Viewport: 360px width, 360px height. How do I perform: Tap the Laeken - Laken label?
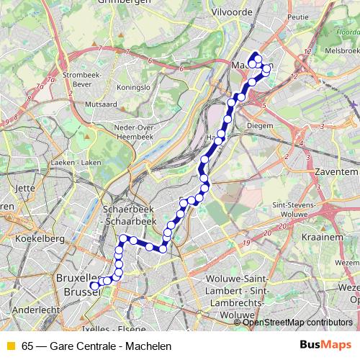click(76, 163)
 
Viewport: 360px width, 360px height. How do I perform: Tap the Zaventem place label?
click(337, 173)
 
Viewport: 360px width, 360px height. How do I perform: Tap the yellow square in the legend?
click(10, 345)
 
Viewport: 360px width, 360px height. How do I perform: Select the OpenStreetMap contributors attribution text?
click(297, 323)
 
